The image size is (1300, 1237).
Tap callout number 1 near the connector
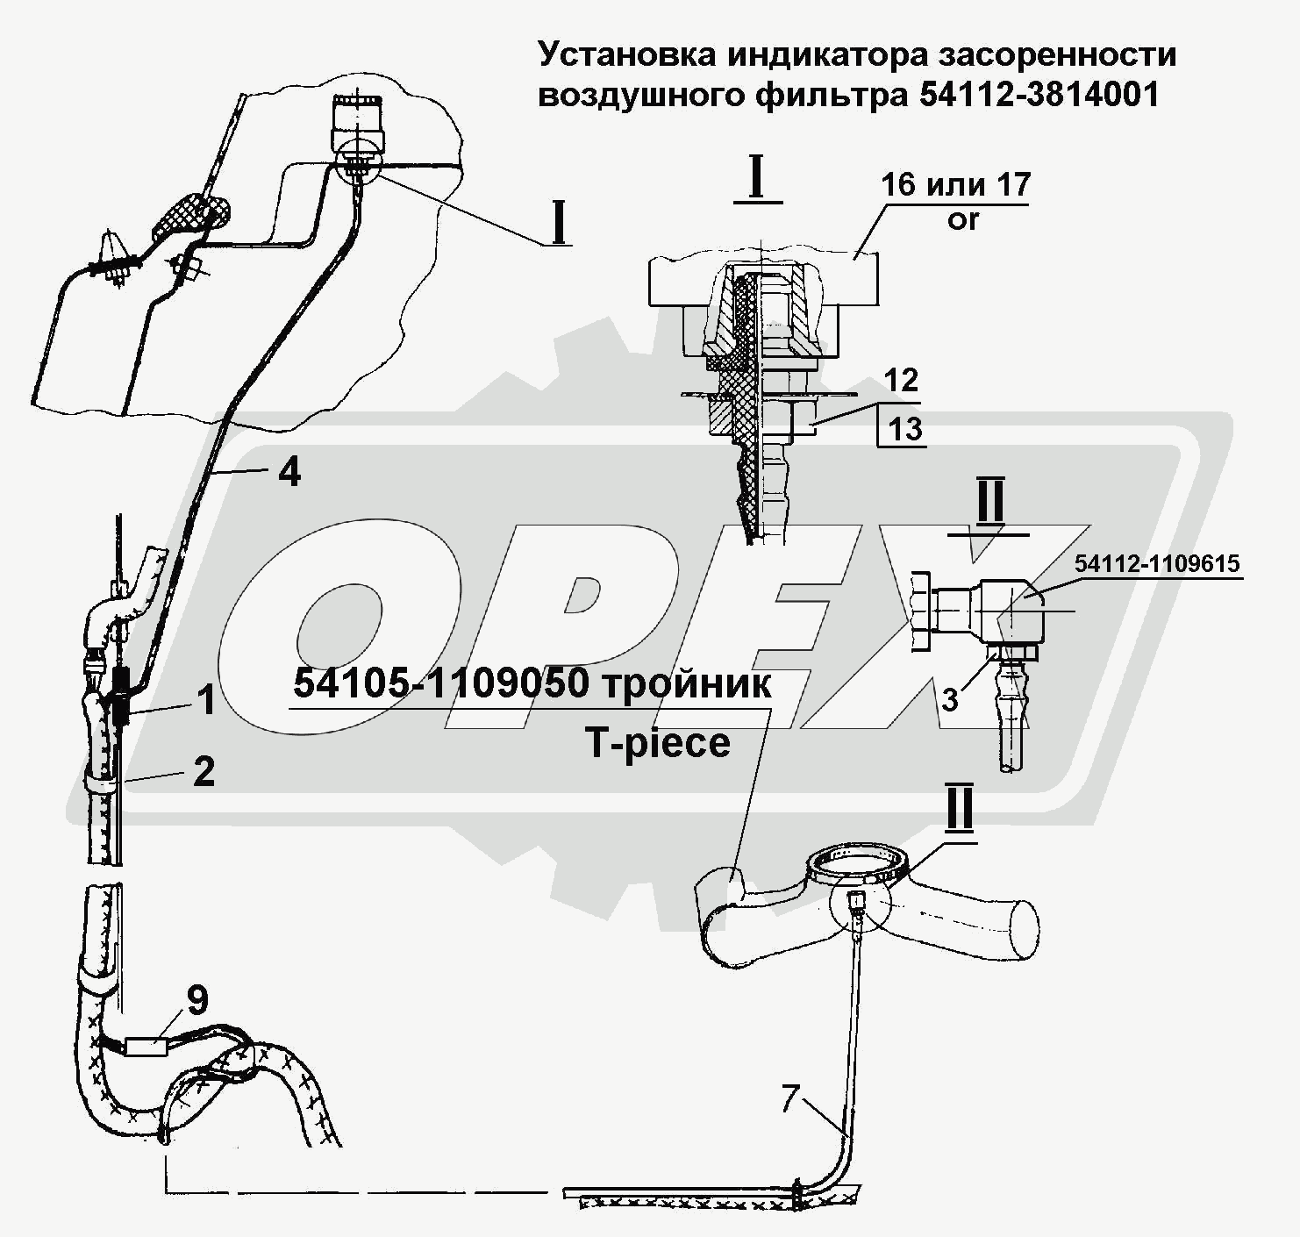(x=208, y=700)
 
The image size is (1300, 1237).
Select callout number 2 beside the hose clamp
(x=203, y=771)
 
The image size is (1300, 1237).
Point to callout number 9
(x=197, y=999)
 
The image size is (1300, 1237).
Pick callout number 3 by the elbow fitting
(x=949, y=700)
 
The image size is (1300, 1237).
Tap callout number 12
(x=901, y=381)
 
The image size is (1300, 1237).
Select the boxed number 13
(x=904, y=429)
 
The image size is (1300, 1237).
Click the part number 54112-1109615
(x=1156, y=563)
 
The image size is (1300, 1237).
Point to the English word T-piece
(x=657, y=743)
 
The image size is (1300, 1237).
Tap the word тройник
(x=687, y=684)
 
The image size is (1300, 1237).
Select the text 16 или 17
(x=956, y=184)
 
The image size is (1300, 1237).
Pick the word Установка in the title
(x=626, y=55)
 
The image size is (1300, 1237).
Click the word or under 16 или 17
(x=962, y=220)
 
